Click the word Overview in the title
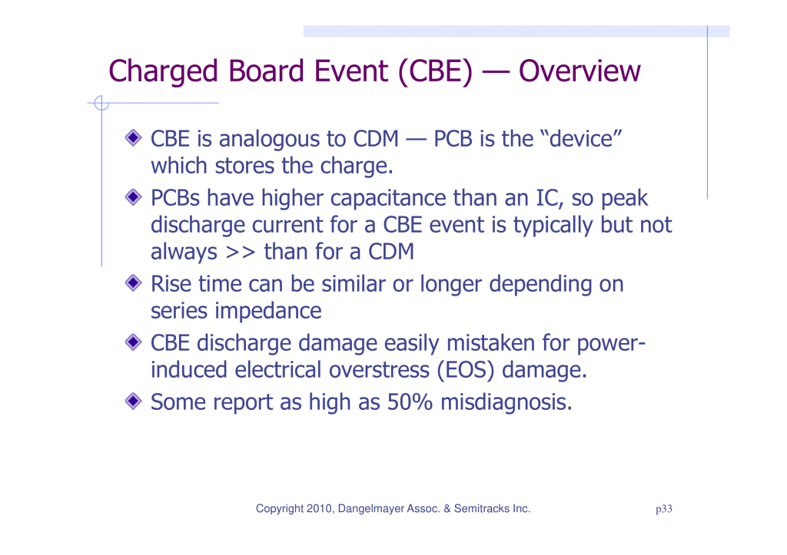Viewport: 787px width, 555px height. (x=579, y=71)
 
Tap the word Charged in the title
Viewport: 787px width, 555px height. (x=163, y=71)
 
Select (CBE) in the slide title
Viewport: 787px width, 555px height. (x=435, y=71)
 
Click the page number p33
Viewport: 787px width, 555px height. (x=663, y=509)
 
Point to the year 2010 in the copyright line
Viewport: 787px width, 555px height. (x=319, y=508)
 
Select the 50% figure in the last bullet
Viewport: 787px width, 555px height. (x=410, y=401)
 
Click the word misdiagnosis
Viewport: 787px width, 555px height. (x=506, y=401)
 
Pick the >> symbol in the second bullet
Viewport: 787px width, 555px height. (x=241, y=252)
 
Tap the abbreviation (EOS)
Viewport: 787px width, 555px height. (x=465, y=370)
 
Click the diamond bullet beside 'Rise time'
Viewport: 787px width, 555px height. (x=134, y=283)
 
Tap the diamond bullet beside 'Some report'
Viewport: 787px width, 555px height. (x=134, y=401)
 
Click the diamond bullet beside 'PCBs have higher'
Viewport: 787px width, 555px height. (x=134, y=197)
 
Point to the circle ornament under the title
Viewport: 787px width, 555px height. (x=101, y=103)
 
